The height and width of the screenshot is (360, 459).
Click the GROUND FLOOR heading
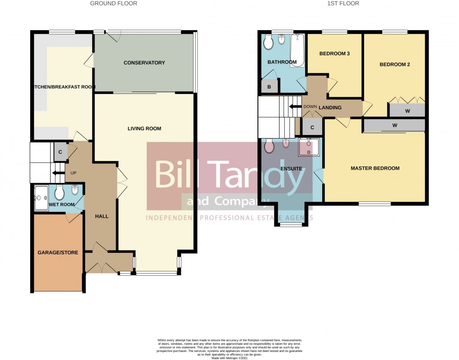click(113, 4)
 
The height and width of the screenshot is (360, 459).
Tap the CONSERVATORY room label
click(144, 63)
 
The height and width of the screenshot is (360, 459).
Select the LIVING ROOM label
click(144, 129)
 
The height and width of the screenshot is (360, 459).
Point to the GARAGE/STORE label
click(58, 253)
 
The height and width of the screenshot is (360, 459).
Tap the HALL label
click(102, 216)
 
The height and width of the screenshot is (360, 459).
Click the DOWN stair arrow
click(296, 107)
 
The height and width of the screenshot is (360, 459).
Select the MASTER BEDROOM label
click(375, 168)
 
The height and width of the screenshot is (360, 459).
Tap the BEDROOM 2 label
click(395, 65)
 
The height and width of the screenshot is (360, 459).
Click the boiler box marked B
click(269, 87)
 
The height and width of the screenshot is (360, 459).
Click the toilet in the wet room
click(59, 193)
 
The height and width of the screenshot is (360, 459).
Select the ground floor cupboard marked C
click(60, 152)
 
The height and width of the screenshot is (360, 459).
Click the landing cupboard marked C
click(312, 127)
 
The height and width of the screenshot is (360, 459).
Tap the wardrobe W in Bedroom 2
click(407, 110)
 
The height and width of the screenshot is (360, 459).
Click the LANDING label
click(330, 108)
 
